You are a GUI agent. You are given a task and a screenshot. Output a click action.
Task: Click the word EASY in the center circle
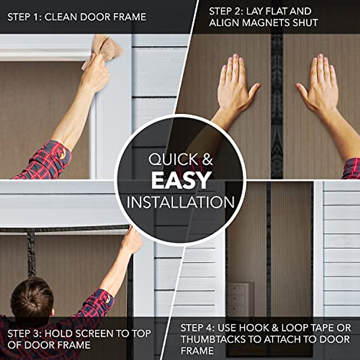180,181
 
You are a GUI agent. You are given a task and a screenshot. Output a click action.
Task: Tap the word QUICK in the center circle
170,159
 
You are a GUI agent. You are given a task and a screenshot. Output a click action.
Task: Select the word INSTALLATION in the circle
180,202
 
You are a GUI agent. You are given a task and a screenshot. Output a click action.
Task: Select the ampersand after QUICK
207,159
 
